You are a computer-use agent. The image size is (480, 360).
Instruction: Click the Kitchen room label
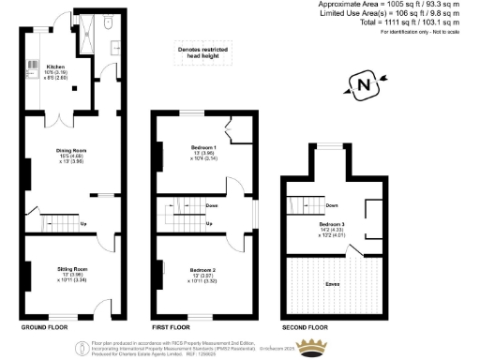pos(54,67)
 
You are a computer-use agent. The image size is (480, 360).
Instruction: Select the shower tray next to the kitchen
pos(90,31)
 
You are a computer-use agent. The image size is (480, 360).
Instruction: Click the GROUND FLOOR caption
pos(44,328)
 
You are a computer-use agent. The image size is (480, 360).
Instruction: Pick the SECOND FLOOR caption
pos(306,328)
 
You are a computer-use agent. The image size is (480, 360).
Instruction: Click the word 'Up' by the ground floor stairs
pos(83,223)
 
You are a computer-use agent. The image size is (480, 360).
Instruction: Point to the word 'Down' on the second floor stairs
pos(332,204)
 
